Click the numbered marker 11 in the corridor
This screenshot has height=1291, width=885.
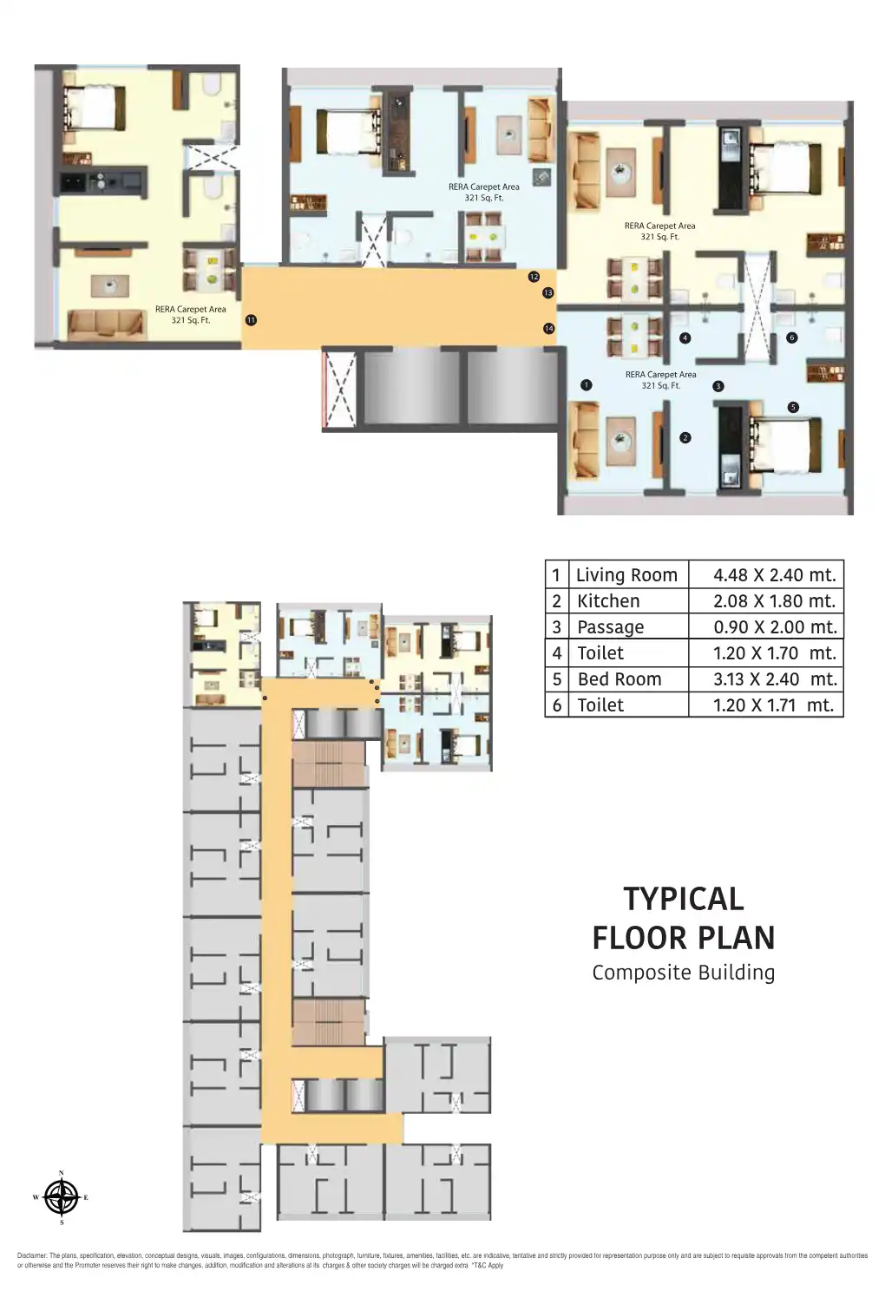[x=251, y=320]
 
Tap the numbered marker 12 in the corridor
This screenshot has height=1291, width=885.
[x=534, y=277]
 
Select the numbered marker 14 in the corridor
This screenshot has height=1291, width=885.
[x=548, y=328]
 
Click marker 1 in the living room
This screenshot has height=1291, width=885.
[x=587, y=384]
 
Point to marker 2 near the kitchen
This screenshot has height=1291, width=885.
[x=685, y=437]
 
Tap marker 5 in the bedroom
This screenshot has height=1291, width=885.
[x=792, y=407]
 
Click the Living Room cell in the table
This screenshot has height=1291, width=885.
[x=626, y=574]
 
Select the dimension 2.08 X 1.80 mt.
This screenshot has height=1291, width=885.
[x=774, y=600]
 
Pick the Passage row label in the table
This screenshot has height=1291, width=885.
[x=610, y=626]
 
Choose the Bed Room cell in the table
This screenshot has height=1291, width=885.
[x=619, y=678]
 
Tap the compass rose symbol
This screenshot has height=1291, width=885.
[x=61, y=1198]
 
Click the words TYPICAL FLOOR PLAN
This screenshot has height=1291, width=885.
[x=683, y=918]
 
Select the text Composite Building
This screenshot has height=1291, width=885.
[x=683, y=973]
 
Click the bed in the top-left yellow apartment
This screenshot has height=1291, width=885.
[x=92, y=108]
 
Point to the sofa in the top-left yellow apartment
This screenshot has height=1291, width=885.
[x=105, y=324]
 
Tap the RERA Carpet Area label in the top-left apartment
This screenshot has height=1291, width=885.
[x=190, y=314]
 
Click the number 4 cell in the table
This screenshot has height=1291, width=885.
[x=556, y=652]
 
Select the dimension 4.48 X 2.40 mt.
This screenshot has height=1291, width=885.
[x=774, y=574]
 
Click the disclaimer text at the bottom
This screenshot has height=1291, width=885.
[x=442, y=1260]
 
